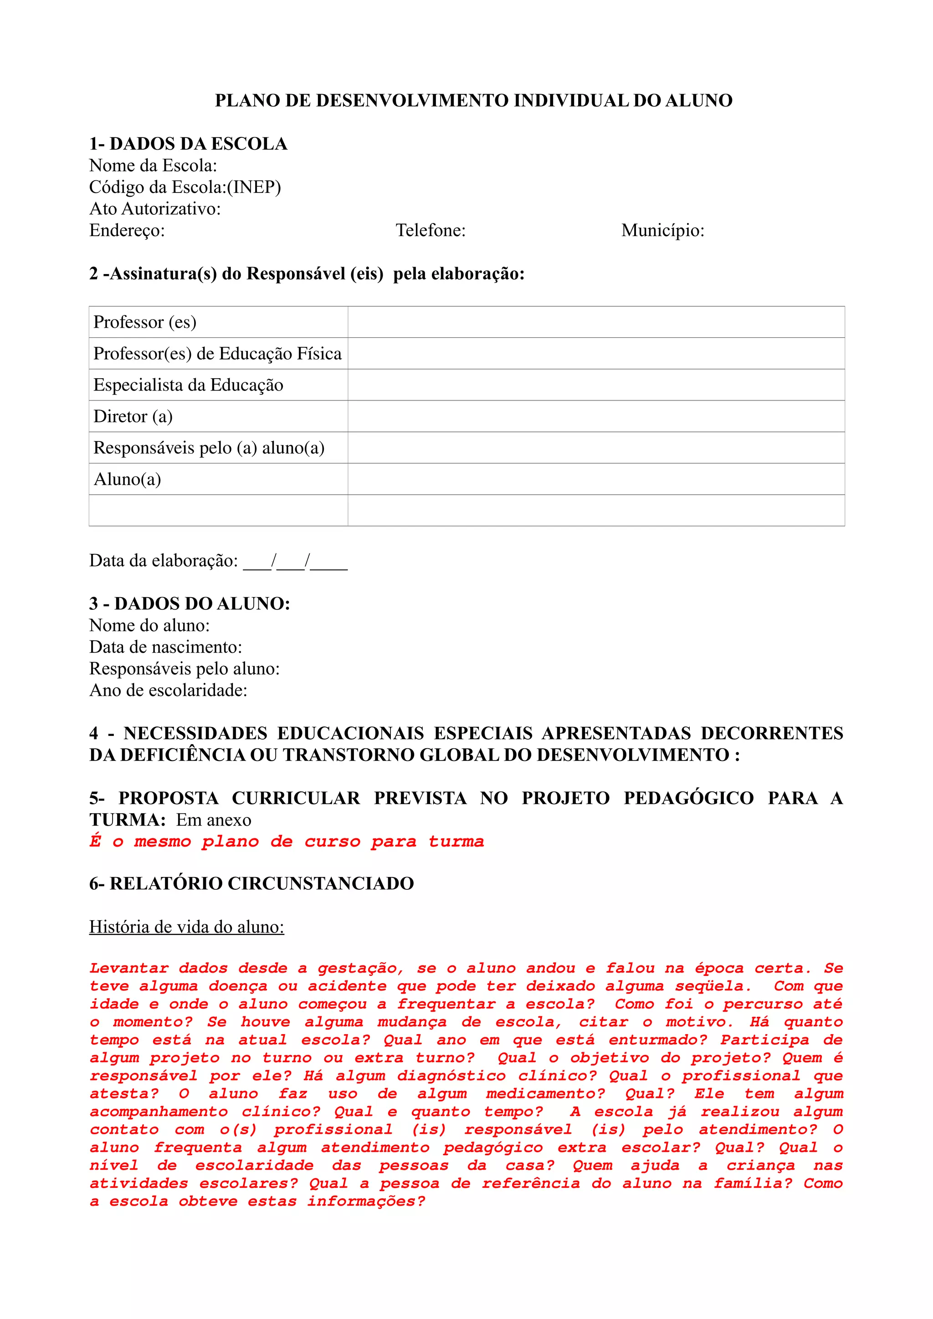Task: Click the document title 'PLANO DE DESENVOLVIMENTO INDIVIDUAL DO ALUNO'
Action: coord(473,101)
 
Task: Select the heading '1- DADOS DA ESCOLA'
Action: coord(188,144)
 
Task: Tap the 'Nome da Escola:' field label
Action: coord(153,166)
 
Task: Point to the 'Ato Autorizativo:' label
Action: coord(154,208)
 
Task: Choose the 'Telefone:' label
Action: coord(431,230)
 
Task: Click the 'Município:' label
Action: coord(662,230)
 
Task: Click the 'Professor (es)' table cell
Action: coord(145,322)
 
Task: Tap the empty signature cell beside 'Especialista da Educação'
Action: coord(595,385)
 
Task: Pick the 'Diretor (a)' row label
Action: coord(133,416)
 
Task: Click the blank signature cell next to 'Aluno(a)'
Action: coord(595,479)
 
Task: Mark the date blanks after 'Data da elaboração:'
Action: coord(295,561)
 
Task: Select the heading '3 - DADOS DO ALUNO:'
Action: coord(189,604)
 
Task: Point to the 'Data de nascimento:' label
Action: coord(165,647)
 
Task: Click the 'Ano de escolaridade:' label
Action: coord(168,690)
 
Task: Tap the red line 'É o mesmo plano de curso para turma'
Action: coord(286,842)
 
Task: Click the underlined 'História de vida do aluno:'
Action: coord(186,927)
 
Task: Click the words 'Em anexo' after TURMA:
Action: coord(213,820)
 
